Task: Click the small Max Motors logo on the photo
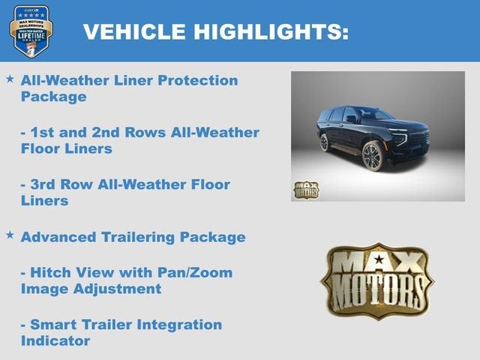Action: [x=305, y=189]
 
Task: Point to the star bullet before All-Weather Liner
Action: [x=10, y=79]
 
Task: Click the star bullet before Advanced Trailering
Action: [x=10, y=235]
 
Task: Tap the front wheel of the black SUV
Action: [x=373, y=157]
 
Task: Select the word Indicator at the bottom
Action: [x=55, y=341]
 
